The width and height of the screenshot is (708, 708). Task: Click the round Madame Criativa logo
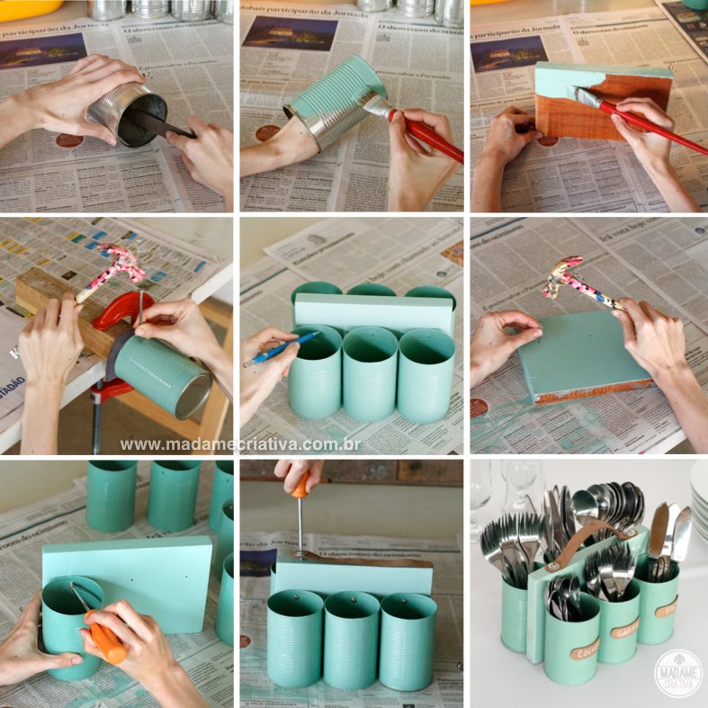click(x=678, y=671)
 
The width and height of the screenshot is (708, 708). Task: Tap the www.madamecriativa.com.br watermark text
click(x=241, y=444)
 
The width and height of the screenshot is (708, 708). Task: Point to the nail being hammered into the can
click(x=140, y=310)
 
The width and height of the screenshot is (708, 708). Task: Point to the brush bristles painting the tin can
click(x=376, y=105)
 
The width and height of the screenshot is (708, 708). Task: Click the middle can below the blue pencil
click(x=370, y=372)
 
